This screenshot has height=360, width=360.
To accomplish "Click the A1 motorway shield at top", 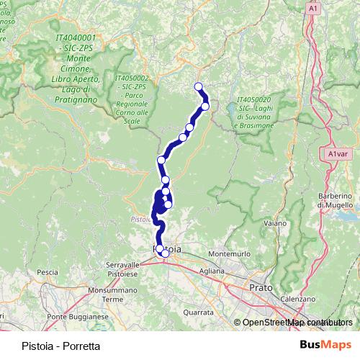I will [312, 8].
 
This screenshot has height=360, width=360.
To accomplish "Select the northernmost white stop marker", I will [199, 88].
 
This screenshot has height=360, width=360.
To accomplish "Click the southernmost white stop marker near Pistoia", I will [165, 253].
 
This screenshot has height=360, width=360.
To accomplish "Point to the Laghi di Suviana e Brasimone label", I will [253, 115].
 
